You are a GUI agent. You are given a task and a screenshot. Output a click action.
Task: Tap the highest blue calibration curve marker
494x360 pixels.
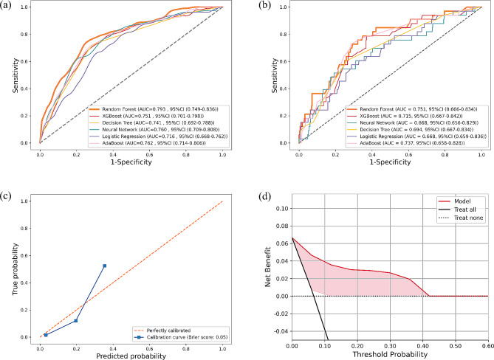(105, 266)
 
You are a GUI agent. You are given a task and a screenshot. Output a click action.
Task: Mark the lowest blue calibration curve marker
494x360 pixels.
(45, 335)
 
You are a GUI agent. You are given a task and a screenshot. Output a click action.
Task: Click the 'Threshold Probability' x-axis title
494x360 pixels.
(388, 354)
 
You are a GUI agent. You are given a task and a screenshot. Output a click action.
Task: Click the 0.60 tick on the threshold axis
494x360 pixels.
(487, 344)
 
